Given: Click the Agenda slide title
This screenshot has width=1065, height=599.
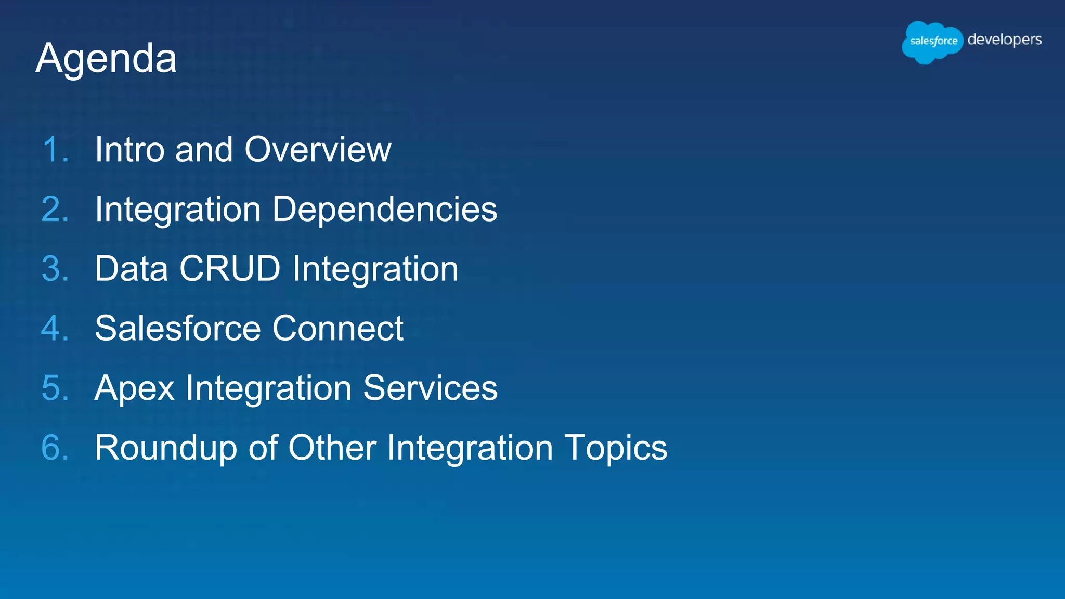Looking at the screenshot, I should [x=107, y=59].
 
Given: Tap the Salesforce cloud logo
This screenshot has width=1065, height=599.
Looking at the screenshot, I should [x=932, y=42].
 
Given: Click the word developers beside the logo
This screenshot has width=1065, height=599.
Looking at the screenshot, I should [x=1004, y=40].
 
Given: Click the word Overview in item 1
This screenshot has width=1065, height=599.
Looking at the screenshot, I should [x=318, y=150].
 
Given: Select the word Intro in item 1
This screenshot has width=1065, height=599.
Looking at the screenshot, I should [x=129, y=150].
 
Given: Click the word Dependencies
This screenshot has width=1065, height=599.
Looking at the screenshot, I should [x=385, y=210].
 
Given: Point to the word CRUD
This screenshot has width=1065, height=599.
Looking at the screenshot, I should [x=230, y=269].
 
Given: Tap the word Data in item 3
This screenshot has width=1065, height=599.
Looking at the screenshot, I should [x=132, y=269].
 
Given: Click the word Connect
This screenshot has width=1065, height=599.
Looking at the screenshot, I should [x=338, y=329].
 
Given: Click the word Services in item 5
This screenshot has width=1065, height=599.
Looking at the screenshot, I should [x=430, y=388].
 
